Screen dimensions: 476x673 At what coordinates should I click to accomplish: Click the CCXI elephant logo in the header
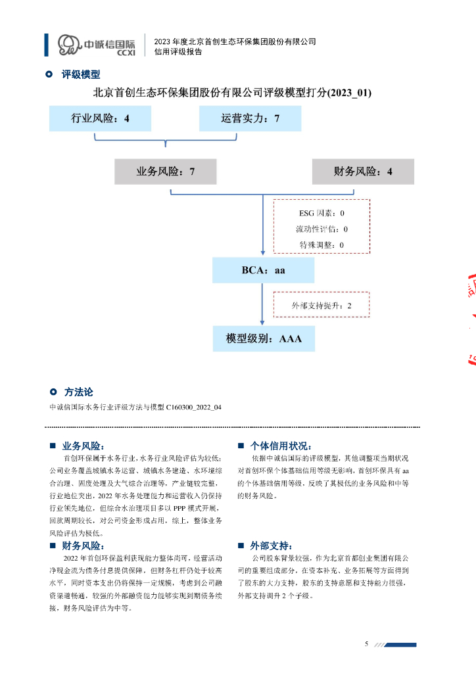point(68,44)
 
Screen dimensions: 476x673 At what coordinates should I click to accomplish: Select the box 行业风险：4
point(100,118)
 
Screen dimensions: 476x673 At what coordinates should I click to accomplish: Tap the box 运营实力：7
point(250,118)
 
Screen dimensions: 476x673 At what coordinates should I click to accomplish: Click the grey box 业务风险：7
point(165,172)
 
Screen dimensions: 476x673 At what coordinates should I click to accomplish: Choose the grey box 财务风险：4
point(363,172)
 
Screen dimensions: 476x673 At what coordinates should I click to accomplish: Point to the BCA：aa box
point(263,270)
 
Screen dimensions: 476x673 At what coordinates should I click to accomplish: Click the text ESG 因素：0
point(321,214)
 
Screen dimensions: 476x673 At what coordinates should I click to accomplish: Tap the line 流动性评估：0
point(321,229)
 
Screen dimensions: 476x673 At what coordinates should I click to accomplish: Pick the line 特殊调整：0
point(321,245)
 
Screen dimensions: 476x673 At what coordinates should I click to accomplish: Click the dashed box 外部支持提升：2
point(321,306)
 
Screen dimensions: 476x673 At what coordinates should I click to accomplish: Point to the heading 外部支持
point(271,545)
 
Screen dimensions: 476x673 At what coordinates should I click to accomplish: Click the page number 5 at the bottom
point(367,643)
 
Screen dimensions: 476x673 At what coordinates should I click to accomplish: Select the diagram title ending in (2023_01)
point(232,93)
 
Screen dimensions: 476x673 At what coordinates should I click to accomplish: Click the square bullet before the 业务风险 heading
point(53,446)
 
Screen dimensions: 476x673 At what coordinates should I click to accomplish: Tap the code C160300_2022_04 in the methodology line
point(194,407)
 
